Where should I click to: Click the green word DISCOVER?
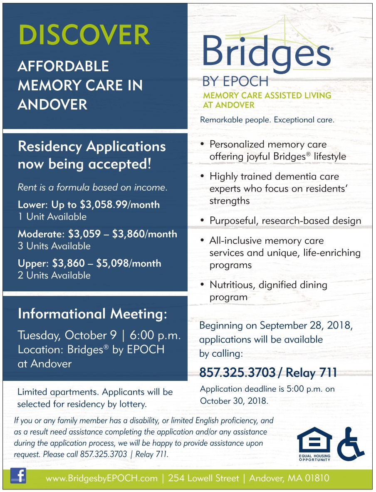[x=84, y=35]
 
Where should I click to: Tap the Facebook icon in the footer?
[x=18, y=475]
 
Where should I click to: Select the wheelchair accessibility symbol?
[x=350, y=444]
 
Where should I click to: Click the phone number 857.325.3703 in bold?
[x=237, y=373]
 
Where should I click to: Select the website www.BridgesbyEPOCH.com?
[x=101, y=478]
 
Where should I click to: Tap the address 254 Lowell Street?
[x=203, y=478]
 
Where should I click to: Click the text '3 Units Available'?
[x=54, y=246]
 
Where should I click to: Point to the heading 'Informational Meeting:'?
[x=92, y=314]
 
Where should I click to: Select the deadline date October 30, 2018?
[x=234, y=401]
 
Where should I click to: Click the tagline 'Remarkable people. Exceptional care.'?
[x=267, y=120]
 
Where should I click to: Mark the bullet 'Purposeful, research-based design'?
[x=285, y=221]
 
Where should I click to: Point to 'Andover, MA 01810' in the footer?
[x=289, y=478]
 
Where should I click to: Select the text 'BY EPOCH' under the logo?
[x=235, y=81]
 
